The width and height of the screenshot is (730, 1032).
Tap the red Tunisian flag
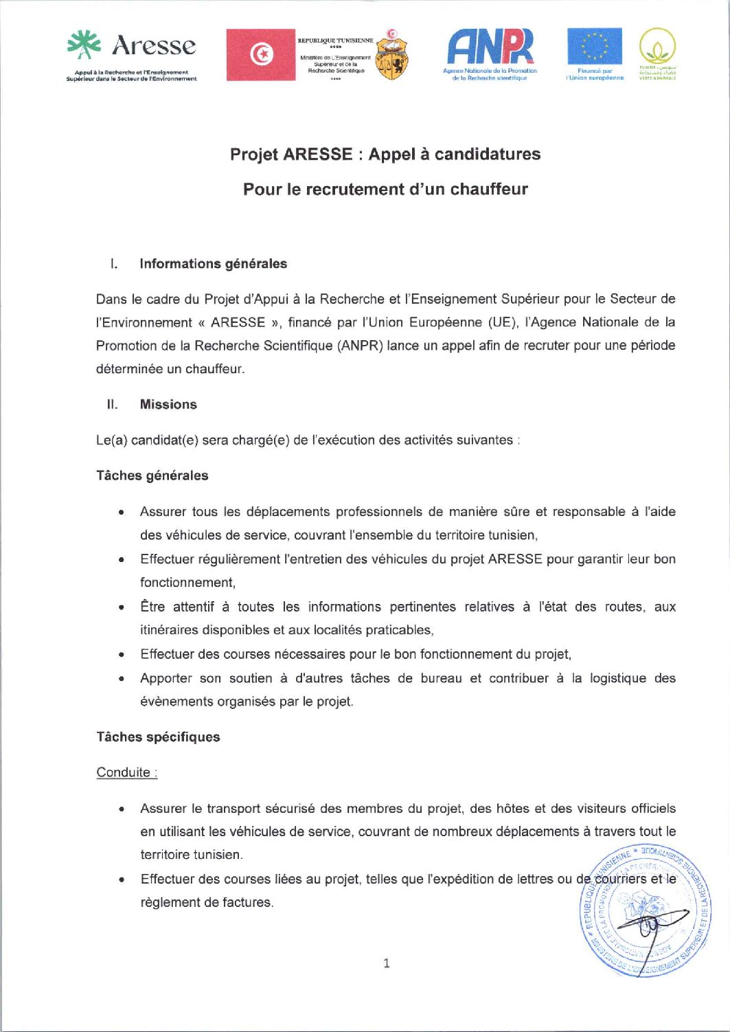(x=260, y=55)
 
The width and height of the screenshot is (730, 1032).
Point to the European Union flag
(x=595, y=46)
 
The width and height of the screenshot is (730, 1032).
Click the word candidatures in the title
(x=488, y=154)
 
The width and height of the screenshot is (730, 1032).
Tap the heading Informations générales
(x=213, y=264)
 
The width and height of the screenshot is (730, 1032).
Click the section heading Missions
(x=168, y=405)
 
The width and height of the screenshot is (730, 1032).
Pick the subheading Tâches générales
(x=152, y=475)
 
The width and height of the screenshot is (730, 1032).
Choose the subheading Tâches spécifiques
(x=158, y=737)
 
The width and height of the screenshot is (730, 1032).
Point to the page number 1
(x=387, y=963)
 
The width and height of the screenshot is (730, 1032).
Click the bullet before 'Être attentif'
(x=122, y=607)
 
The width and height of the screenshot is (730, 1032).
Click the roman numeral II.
(x=113, y=405)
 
